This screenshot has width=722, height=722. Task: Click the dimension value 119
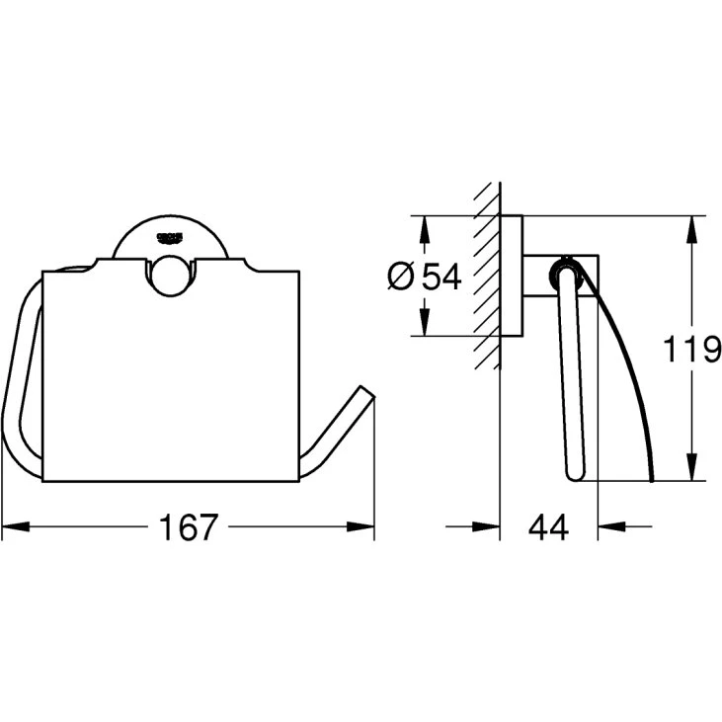click(689, 350)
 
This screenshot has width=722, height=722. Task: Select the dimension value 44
click(548, 527)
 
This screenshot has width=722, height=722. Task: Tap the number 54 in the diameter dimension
click(442, 278)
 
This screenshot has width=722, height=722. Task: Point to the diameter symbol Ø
click(401, 278)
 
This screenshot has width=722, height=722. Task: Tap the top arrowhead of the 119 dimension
click(690, 225)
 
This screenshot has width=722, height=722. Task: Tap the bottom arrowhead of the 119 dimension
click(690, 471)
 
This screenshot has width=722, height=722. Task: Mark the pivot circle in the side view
click(566, 269)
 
